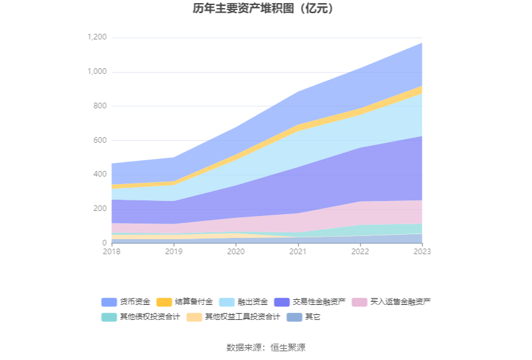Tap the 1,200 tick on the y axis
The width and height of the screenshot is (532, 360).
point(97,38)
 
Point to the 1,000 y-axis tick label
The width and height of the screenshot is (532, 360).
point(97,72)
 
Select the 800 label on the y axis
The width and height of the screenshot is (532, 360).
point(100,106)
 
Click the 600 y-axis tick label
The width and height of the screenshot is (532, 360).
point(100,140)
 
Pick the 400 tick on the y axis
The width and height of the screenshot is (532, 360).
point(100,174)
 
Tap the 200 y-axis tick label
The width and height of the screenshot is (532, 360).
point(100,208)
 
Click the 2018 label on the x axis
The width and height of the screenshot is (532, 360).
point(111,252)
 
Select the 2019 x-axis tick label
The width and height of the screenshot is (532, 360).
point(173,252)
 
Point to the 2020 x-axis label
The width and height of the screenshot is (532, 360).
point(235,252)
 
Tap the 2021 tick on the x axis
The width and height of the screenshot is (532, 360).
point(297,252)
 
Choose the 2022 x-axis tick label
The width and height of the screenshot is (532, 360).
point(359,252)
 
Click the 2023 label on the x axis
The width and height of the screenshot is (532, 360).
point(421,252)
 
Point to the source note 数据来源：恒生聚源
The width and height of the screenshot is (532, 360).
point(266,347)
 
